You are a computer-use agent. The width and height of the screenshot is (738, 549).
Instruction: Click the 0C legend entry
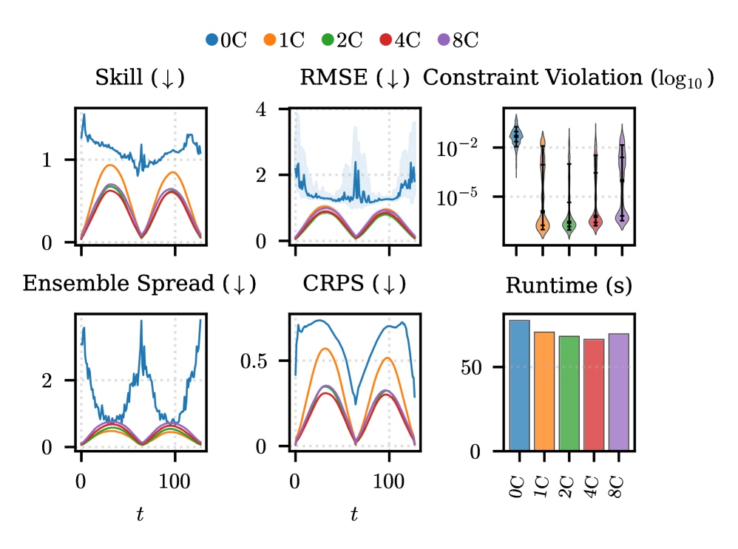226,41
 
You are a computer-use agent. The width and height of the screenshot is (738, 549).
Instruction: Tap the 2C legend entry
342,41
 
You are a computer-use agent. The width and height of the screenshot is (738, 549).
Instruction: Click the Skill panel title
140,78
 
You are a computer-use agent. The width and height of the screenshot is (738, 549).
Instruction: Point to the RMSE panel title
354,78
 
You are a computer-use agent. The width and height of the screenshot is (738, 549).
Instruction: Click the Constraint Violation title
568,78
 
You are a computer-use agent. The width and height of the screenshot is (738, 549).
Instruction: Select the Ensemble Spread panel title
140,284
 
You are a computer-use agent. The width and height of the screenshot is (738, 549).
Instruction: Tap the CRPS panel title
354,284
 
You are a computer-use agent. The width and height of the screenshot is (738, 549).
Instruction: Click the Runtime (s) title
569,285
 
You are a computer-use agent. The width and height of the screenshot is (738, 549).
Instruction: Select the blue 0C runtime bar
519,385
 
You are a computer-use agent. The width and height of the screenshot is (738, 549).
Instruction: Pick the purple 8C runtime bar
619,392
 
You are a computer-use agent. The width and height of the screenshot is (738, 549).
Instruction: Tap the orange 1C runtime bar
544,391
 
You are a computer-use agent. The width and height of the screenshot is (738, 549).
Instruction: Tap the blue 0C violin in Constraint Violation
516,135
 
